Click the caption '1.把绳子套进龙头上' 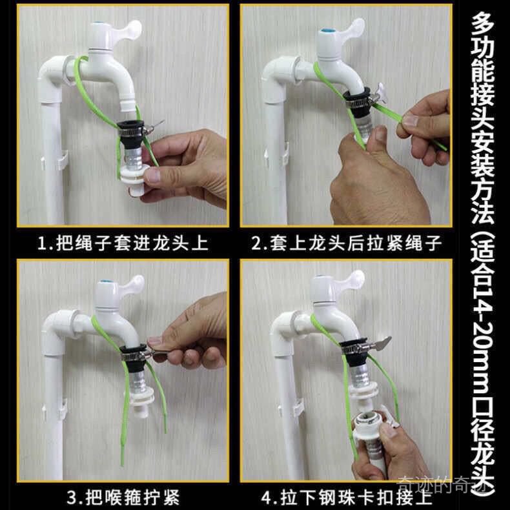click(123, 243)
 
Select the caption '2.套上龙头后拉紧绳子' click(346, 243)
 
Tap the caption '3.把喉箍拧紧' click(123, 497)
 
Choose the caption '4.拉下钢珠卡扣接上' click(346, 498)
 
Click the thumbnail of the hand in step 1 click(152, 176)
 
